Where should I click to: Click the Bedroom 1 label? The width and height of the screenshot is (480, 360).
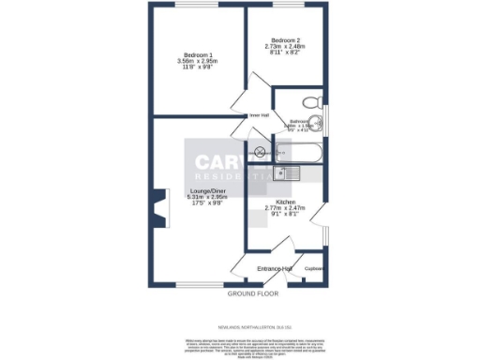pos(198,54)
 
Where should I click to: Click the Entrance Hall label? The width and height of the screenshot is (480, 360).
pos(275,269)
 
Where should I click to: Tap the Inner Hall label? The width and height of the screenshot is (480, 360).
pos(260,115)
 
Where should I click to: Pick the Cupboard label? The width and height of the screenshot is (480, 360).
pos(314,269)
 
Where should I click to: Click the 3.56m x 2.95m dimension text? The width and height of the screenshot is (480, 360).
pos(197,62)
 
